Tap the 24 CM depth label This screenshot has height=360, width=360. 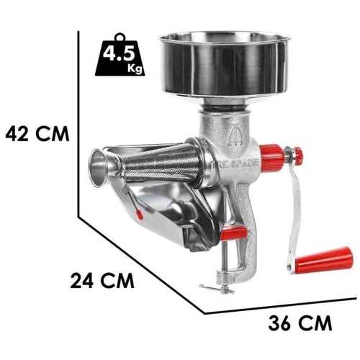tap(102, 280)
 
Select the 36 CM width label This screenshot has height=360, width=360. tap(300, 323)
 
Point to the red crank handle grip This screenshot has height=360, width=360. tap(325, 258)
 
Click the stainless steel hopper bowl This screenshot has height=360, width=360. tap(225, 66)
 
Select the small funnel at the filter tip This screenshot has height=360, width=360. tap(103, 167)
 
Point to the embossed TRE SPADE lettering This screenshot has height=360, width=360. tap(239, 163)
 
